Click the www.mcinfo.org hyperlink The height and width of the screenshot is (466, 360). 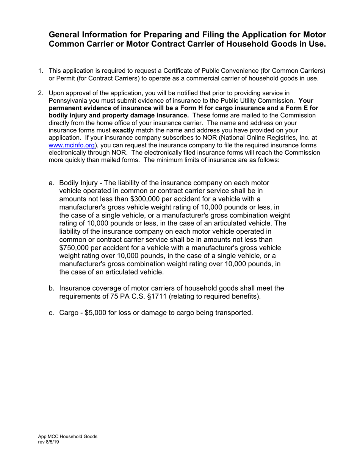click(x=72, y=145)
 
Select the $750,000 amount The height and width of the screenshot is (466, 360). click(x=75, y=248)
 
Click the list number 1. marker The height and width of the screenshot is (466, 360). click(x=40, y=70)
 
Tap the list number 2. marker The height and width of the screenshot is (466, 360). click(x=40, y=93)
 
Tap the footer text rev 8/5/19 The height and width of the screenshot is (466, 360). click(x=49, y=442)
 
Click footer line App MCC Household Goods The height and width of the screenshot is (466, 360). click(x=67, y=436)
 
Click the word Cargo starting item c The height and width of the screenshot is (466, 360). click(x=69, y=313)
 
